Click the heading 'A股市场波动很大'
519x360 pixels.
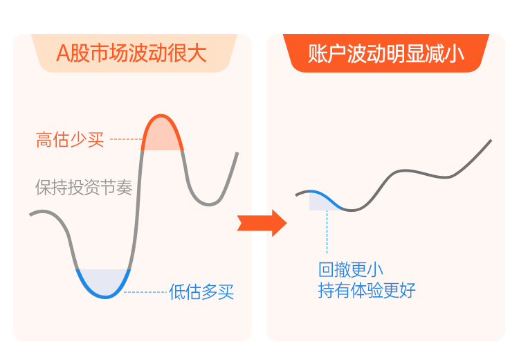(x=131, y=53)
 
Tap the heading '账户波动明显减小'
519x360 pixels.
(x=386, y=53)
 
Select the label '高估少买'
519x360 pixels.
(x=70, y=139)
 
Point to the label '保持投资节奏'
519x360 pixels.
(x=84, y=188)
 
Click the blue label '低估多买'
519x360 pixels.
(x=201, y=291)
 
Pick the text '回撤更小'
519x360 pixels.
(x=351, y=269)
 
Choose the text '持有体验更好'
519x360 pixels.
(x=367, y=291)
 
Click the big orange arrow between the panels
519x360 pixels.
(x=262, y=223)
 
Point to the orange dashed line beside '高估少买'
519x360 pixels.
(x=126, y=139)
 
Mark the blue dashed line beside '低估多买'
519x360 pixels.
(x=145, y=292)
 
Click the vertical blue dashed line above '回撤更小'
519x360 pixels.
(x=327, y=232)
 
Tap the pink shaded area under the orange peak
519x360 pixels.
(x=162, y=138)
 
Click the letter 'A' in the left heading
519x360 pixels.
(x=63, y=53)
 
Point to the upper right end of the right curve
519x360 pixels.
(x=491, y=141)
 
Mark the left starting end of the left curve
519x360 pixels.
(x=30, y=215)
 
